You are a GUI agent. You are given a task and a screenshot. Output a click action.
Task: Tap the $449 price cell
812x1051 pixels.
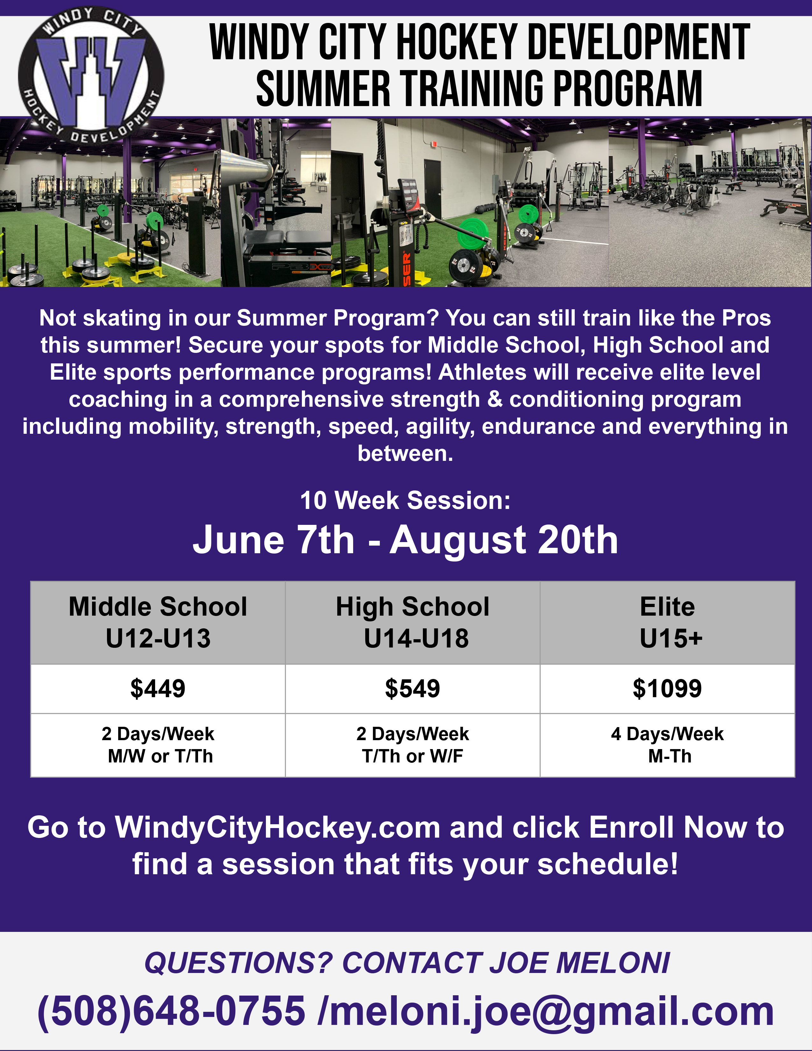tap(158, 689)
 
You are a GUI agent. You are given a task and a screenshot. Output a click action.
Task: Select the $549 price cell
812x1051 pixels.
tap(412, 689)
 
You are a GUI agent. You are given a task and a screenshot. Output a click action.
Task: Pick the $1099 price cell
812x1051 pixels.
tap(667, 689)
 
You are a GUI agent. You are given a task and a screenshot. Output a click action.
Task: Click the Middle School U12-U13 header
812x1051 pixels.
tap(158, 622)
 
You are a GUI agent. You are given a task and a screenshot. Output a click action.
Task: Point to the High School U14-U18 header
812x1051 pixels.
tap(412, 622)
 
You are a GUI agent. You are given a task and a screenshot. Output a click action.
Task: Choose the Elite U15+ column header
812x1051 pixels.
tap(667, 622)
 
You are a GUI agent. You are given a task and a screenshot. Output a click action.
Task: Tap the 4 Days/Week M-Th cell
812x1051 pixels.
tap(667, 745)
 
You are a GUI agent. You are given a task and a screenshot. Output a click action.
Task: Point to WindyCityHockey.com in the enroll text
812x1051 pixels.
tap(278, 828)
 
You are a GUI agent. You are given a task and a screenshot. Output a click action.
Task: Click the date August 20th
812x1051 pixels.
tap(504, 540)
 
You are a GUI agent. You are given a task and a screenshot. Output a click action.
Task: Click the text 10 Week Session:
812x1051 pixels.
tap(405, 500)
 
